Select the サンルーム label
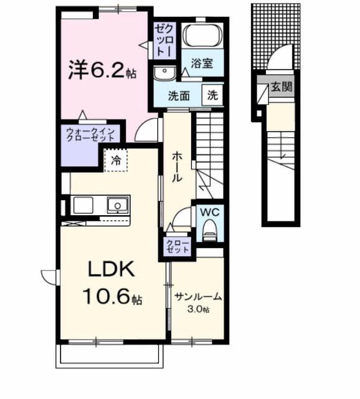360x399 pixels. [x=199, y=297]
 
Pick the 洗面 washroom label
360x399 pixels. [x=179, y=97]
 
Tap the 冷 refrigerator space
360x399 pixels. [x=116, y=161]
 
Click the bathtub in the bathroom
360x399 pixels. [x=203, y=37]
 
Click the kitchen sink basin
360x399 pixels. [x=116, y=204]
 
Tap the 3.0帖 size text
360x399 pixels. [x=199, y=310]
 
